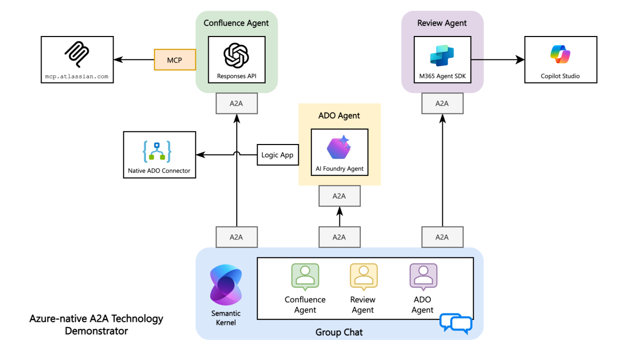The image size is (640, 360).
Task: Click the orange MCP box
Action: (x=175, y=60)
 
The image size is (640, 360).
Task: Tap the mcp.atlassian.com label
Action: (x=76, y=76)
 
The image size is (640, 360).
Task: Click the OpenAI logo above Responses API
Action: (x=236, y=54)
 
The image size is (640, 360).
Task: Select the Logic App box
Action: (x=277, y=155)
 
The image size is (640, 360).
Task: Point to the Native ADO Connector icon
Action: (x=157, y=152)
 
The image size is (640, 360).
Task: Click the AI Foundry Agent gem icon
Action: (x=339, y=147)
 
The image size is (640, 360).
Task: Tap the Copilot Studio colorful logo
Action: (x=560, y=54)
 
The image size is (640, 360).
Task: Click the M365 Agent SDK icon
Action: (x=442, y=54)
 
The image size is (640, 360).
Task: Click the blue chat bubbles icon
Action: (x=456, y=323)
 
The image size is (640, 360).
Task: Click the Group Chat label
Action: (x=339, y=332)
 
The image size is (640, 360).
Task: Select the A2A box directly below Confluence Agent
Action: (x=236, y=103)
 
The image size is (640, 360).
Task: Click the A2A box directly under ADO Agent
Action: (x=339, y=196)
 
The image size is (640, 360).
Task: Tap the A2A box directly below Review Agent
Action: (x=442, y=103)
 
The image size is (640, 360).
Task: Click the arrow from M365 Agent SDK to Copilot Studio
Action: (x=497, y=60)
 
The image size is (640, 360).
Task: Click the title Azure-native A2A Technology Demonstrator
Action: (x=96, y=324)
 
